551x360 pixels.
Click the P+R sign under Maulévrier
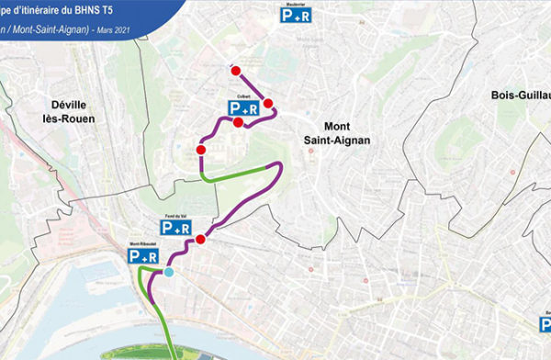point(297,15)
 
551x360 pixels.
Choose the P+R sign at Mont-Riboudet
point(141,258)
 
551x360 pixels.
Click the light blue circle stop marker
point(168,273)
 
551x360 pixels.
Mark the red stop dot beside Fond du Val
point(200,240)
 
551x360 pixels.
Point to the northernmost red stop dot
point(236,70)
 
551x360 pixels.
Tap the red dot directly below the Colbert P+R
point(238,122)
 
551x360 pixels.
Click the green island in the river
point(147,354)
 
